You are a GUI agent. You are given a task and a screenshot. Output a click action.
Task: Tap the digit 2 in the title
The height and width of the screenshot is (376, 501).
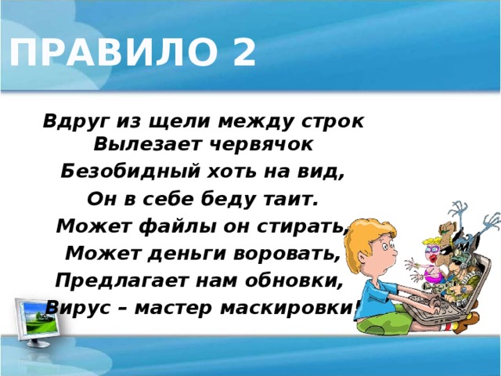pyautogui.click(x=243, y=53)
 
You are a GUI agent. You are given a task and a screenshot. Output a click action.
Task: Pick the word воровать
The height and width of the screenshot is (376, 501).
pyautogui.click(x=288, y=255)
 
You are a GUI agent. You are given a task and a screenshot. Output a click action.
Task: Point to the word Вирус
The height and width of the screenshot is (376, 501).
pyautogui.click(x=74, y=307)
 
